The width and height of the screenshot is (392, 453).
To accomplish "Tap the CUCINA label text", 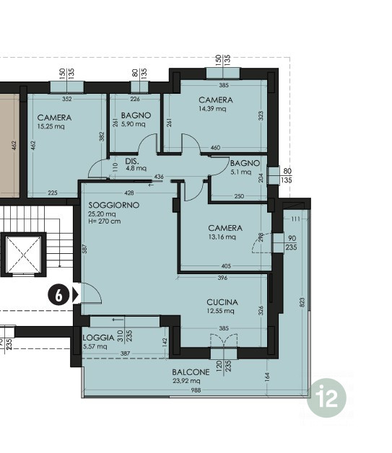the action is [222, 302].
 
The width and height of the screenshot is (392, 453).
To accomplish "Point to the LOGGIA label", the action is [99, 338].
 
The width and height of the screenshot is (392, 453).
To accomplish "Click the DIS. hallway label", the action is [132, 161].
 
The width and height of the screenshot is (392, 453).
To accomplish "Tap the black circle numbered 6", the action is [58, 296].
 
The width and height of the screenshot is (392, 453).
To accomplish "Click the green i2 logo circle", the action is [326, 398].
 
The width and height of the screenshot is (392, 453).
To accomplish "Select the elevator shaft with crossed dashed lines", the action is [23, 255].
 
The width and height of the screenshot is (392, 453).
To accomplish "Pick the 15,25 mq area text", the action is [51, 126].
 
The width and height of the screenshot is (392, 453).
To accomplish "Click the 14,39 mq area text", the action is [212, 109].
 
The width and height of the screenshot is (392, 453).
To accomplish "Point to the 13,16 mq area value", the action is [222, 237].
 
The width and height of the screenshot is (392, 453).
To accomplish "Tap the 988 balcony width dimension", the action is [196, 390].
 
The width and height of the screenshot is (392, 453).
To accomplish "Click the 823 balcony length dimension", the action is [302, 302].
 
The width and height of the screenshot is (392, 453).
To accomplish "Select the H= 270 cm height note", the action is [105, 221].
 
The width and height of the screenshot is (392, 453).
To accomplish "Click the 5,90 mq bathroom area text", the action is [134, 124].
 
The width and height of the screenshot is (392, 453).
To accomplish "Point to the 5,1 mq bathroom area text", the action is [241, 172].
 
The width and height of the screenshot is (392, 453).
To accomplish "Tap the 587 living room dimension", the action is [84, 249].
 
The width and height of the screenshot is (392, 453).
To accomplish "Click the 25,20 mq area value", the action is [102, 214].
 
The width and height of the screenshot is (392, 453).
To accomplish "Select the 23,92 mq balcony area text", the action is [186, 381].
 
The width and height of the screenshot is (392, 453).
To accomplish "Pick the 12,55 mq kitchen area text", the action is [220, 311].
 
